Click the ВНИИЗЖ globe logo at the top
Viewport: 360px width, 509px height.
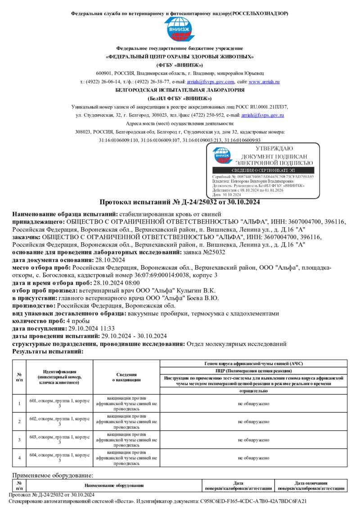[180, 30]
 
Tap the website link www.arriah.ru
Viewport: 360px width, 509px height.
[264, 82]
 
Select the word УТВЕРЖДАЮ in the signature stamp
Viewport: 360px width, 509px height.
[274, 149]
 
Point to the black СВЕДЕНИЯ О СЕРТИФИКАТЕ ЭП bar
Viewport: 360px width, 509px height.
[263, 170]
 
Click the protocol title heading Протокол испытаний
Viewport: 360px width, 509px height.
[180, 202]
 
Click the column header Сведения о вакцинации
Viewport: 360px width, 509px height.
[123, 377]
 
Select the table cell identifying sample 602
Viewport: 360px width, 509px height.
[59, 421]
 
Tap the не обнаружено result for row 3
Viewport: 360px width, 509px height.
[253, 439]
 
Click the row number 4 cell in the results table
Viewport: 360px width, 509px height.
[19, 458]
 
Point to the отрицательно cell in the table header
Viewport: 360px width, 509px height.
[253, 391]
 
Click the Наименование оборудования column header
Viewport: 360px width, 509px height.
[114, 486]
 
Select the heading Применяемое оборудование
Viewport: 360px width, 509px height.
[53, 475]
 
